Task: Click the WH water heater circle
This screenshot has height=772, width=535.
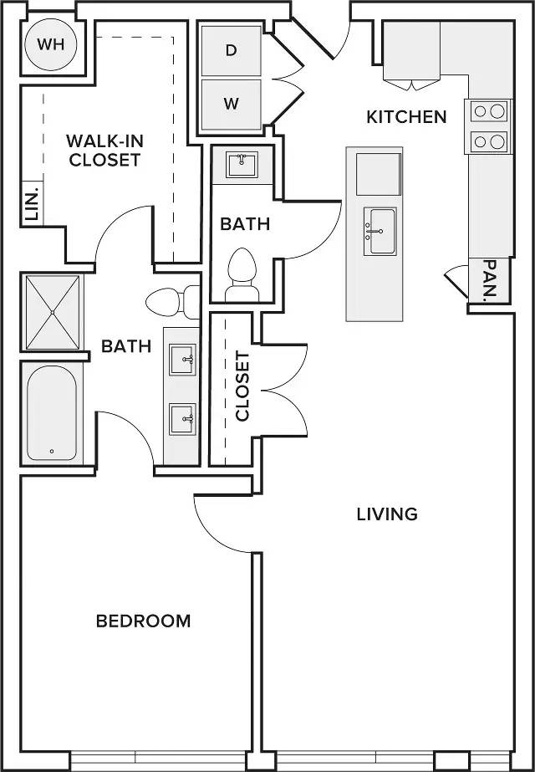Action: click(52, 45)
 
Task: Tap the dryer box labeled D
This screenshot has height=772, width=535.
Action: click(232, 51)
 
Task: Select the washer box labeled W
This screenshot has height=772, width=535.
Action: click(232, 105)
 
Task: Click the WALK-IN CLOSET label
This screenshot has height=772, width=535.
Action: click(104, 151)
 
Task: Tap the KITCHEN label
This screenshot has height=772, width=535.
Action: click(407, 117)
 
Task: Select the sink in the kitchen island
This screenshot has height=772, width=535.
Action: click(380, 231)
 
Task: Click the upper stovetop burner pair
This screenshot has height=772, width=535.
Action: click(489, 110)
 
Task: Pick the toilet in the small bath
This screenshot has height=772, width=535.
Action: click(242, 274)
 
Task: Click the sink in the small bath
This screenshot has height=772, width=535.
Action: click(242, 165)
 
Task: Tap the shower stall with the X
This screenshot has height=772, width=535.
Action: click(52, 312)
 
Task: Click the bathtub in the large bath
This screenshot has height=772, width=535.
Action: click(52, 413)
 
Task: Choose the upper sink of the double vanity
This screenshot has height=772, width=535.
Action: click(182, 360)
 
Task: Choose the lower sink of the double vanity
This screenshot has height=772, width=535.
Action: click(182, 419)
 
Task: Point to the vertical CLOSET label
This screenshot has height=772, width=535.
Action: click(242, 386)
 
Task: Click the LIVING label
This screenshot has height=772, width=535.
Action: click(387, 514)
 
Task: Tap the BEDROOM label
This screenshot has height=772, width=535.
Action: click(143, 621)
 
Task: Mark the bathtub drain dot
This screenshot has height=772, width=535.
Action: click(52, 451)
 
